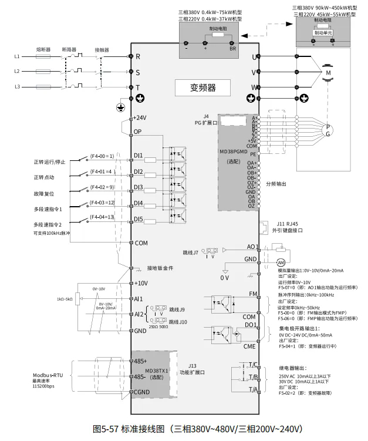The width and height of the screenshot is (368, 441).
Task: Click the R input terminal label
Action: coord(137,57)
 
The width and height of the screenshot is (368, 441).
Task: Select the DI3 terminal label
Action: coord(139,187)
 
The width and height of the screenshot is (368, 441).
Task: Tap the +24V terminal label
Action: coord(140,117)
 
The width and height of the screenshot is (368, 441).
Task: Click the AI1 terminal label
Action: coord(138,299)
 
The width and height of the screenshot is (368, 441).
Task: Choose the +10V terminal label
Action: coord(140,283)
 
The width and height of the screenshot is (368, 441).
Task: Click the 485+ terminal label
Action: coord(140,361)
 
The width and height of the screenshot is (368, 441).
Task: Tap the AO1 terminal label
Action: coord(252,247)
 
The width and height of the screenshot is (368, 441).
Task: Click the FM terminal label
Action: coord(253,294)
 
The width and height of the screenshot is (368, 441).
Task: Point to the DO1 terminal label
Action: coord(251,325)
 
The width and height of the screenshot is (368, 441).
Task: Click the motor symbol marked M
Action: coord(328,72)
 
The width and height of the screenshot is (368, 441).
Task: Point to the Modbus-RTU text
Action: coord(48,374)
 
